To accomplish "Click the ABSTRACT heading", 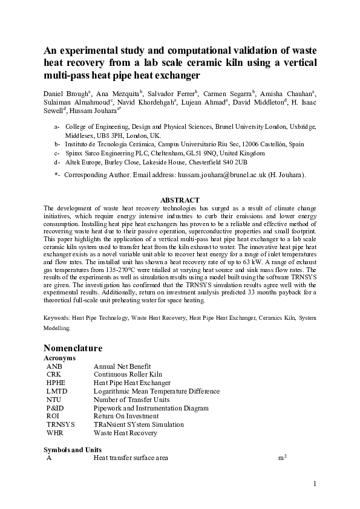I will click(x=180, y=200).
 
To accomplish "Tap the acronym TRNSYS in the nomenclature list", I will click(x=60, y=425).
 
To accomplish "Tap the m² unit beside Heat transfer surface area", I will click(x=282, y=458).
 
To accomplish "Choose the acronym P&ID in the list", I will click(x=55, y=408).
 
